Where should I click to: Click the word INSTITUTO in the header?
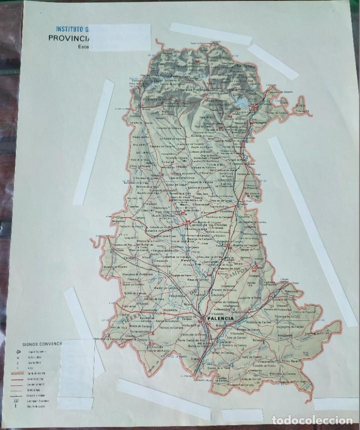(70, 29)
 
